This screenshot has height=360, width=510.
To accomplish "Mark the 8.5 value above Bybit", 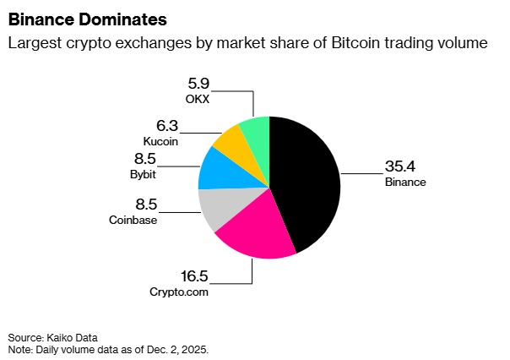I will click(x=146, y=161).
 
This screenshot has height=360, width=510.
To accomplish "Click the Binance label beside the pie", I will click(x=404, y=182).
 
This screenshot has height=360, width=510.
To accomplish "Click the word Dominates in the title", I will click(x=117, y=18).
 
